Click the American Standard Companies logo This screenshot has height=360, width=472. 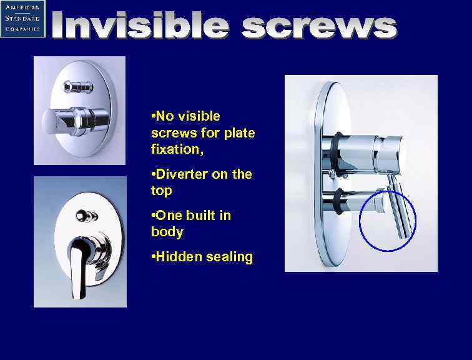(22, 19)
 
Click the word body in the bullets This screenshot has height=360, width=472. (167, 232)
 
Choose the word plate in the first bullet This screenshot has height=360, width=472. (239, 133)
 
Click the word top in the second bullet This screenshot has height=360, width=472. (161, 190)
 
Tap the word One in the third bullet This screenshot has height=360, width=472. (169, 216)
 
